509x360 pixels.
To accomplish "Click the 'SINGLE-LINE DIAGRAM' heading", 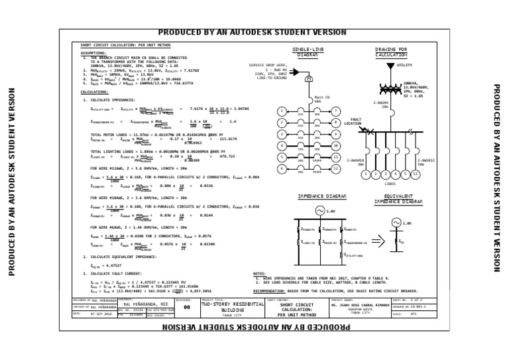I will tap(308, 52).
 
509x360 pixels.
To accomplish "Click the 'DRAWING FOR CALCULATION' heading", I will tap(391, 52).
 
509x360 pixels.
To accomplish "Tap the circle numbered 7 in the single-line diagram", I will tap(336, 110).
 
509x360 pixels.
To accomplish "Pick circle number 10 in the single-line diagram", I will tap(336, 145).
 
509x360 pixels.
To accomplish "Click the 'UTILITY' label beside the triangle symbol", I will tap(404, 65).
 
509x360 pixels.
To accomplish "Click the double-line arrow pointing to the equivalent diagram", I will tap(380, 241).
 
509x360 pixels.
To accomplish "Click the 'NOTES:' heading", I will tap(260, 273).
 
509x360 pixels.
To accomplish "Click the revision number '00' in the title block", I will tap(187, 307).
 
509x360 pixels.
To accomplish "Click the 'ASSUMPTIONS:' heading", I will tap(93, 52).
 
